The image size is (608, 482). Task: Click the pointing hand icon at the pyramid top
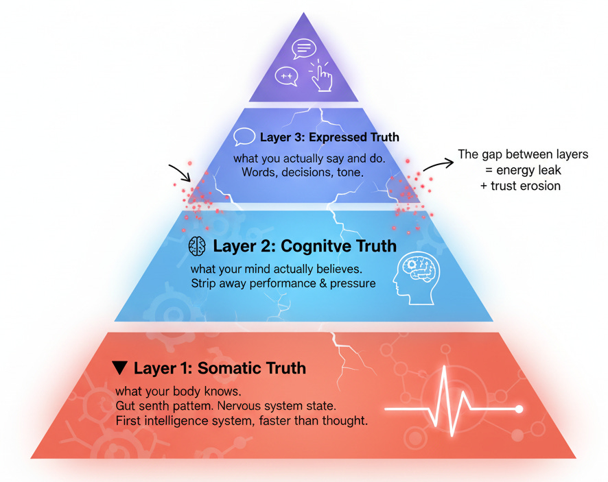click(320, 74)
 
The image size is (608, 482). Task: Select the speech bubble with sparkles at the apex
click(286, 75)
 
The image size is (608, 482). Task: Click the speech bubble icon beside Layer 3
click(244, 137)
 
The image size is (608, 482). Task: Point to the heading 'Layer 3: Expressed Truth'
click(329, 137)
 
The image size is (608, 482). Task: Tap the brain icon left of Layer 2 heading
click(197, 245)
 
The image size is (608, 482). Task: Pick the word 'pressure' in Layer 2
click(353, 283)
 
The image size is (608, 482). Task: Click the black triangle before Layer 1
click(120, 368)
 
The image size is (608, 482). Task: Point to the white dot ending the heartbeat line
click(519, 409)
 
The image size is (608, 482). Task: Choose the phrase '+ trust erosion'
click(526, 186)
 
